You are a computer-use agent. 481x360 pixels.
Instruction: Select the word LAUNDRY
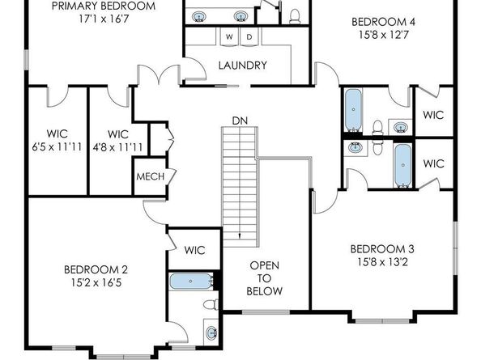point(242,66)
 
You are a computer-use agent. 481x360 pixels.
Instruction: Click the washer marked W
point(229,37)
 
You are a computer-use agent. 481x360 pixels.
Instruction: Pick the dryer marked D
point(249,37)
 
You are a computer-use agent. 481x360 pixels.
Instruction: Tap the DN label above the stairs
point(239,121)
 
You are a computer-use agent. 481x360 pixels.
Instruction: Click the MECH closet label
point(150,176)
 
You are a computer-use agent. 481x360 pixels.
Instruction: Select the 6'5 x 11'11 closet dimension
point(56,146)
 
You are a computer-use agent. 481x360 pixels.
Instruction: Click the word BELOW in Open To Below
point(264,291)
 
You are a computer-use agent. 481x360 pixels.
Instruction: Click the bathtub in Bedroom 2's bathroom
point(190,281)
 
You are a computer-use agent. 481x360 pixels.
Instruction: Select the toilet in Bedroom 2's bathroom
point(210,304)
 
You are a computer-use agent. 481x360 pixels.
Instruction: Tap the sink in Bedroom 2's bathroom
point(211,332)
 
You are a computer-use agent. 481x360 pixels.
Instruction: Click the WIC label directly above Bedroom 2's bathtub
point(194,250)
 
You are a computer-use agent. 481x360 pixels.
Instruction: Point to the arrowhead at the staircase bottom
point(240,234)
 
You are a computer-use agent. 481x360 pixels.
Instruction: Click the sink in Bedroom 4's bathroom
point(401,126)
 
